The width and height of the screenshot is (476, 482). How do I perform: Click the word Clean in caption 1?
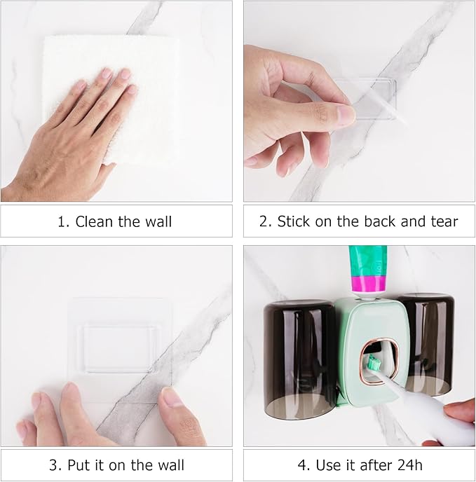[94, 222]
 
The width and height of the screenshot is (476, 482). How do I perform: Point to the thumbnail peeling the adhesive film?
[345, 113]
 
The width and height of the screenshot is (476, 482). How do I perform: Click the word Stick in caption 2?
[293, 222]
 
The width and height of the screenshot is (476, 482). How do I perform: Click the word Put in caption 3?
[80, 465]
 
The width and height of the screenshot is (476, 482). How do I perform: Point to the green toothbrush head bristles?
[374, 364]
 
